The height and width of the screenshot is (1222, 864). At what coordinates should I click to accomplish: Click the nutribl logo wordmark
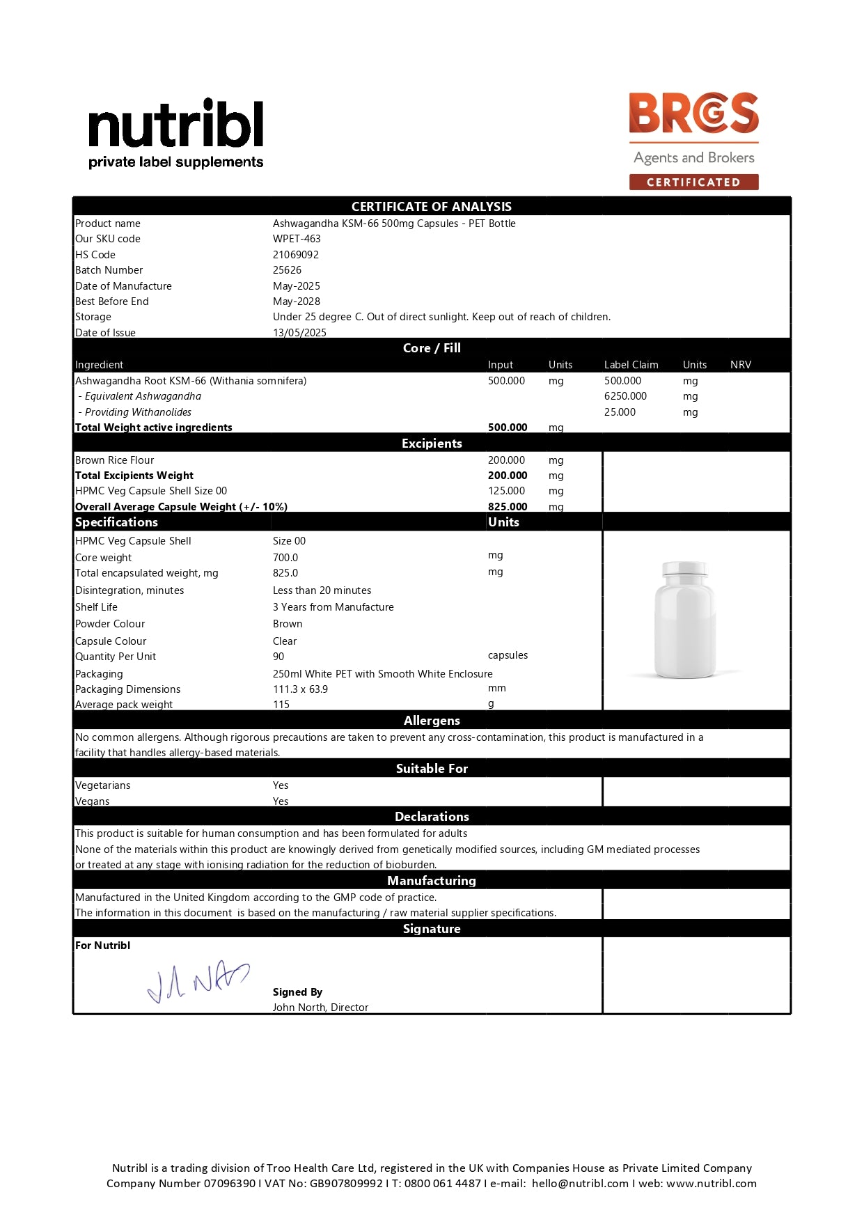click(x=175, y=124)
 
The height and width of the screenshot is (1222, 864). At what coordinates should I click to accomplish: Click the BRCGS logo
click(x=693, y=113)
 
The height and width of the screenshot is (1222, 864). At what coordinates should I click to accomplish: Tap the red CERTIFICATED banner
click(x=693, y=182)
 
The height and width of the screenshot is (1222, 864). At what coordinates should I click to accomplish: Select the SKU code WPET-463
click(x=297, y=239)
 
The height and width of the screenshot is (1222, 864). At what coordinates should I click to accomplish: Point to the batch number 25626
click(x=287, y=270)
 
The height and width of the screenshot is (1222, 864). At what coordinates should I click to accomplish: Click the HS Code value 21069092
click(x=296, y=255)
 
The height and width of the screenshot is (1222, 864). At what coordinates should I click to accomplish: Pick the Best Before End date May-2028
click(x=297, y=301)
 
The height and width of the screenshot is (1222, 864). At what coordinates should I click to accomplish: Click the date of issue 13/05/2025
click(x=299, y=332)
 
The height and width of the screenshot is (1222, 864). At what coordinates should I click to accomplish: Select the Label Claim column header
click(x=631, y=365)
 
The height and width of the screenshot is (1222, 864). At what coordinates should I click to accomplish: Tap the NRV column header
click(x=741, y=365)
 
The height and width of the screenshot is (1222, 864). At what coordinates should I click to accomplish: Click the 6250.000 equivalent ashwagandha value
click(x=625, y=396)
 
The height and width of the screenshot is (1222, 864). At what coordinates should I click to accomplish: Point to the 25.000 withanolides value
click(x=620, y=412)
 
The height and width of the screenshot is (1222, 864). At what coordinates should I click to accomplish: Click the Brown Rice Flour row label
click(x=115, y=460)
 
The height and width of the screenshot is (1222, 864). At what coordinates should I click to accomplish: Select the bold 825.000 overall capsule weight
click(x=508, y=507)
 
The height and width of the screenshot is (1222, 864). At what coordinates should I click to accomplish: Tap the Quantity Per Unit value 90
click(x=278, y=657)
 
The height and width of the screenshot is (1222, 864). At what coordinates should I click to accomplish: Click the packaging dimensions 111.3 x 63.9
click(x=300, y=689)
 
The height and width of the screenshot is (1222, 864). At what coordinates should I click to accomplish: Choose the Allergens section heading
click(x=432, y=721)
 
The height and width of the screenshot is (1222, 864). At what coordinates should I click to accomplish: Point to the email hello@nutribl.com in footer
click(x=580, y=1183)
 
